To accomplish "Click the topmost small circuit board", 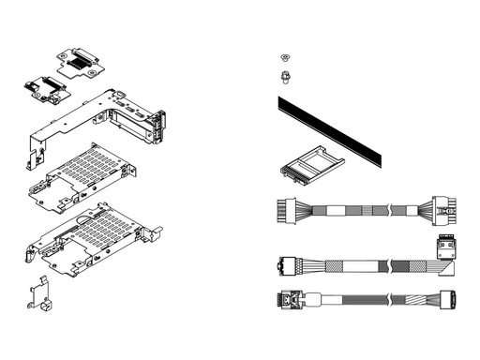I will click(81, 60).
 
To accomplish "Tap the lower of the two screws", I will click(284, 75).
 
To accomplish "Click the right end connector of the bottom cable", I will click(448, 302).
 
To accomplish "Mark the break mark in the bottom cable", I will click(388, 301).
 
